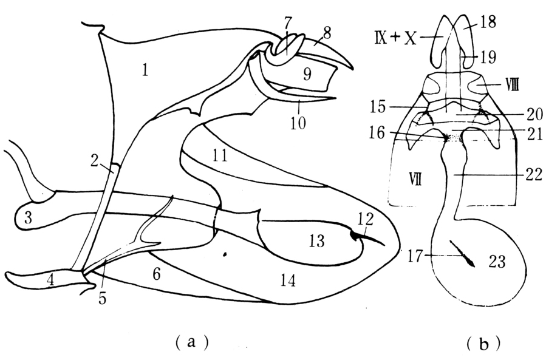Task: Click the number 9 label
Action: [307, 75]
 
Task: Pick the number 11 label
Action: [220, 157]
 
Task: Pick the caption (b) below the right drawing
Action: [483, 344]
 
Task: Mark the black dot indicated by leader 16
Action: [448, 138]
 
